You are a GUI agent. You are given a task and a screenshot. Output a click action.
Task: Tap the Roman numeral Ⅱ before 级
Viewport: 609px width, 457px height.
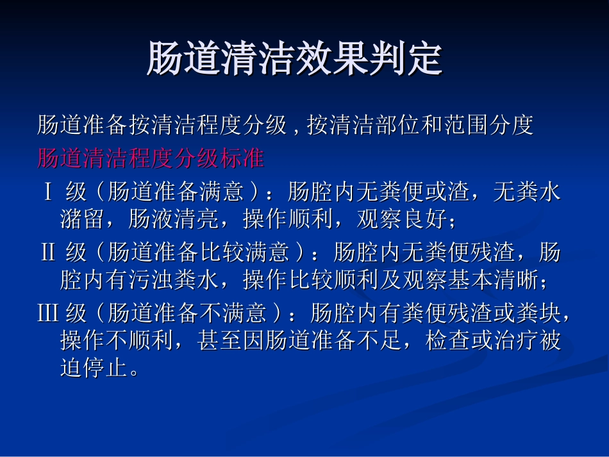click(48, 253)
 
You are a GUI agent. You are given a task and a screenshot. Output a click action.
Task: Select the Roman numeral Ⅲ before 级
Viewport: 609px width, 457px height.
click(49, 313)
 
